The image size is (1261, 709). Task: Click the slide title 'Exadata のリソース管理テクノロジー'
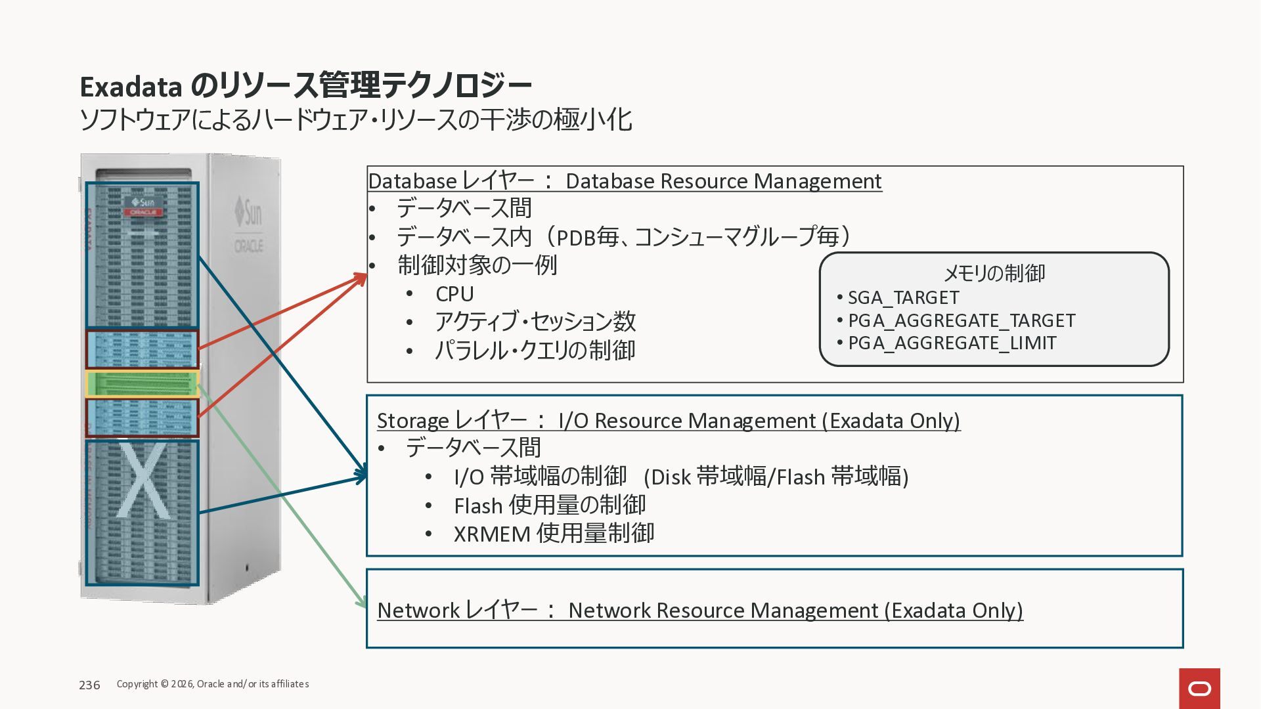tap(305, 86)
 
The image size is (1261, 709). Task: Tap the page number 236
tap(89, 685)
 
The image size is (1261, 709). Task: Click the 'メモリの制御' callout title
tap(994, 273)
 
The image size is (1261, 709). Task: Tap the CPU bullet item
tap(454, 294)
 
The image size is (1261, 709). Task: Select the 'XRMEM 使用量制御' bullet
tap(554, 534)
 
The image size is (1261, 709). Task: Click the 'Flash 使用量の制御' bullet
tap(550, 505)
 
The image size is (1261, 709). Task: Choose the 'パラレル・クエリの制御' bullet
tap(535, 351)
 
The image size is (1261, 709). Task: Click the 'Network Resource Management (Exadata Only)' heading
tap(795, 611)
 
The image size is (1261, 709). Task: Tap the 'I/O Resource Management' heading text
tap(687, 421)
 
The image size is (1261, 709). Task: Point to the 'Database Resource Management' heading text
tap(723, 181)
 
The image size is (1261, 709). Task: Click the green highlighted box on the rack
tap(142, 384)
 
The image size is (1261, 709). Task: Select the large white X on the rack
tap(144, 481)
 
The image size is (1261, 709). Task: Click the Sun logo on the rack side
tap(249, 212)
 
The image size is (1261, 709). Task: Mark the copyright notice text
tap(213, 684)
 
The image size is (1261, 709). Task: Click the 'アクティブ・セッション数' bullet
tap(535, 322)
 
